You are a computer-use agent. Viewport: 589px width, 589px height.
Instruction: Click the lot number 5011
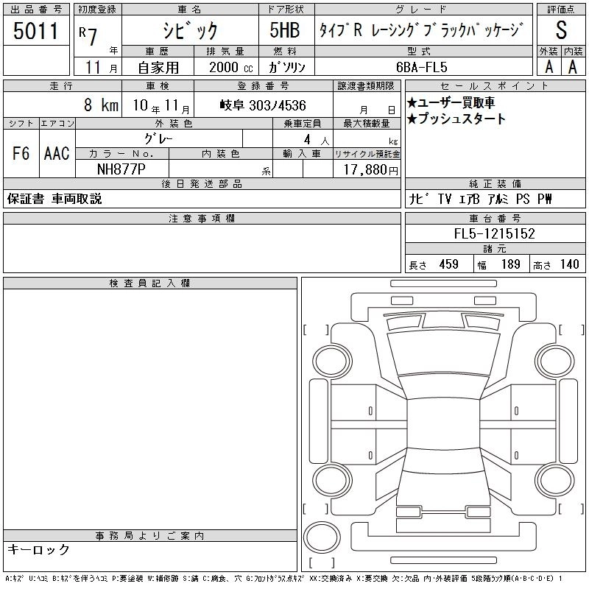point(35,31)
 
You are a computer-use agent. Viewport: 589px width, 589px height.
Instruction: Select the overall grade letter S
point(561,30)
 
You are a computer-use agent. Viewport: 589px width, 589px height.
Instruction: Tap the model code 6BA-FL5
point(421,67)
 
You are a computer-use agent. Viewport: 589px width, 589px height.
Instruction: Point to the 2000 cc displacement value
point(230,67)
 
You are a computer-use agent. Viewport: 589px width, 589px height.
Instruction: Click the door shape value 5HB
point(285,30)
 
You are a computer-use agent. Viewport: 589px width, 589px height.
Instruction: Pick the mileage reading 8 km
point(101,105)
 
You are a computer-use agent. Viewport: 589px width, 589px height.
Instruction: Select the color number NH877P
point(121,169)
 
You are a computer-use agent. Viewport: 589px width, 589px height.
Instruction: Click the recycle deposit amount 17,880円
point(370,170)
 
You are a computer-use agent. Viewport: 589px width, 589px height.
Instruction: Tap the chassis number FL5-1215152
point(494,233)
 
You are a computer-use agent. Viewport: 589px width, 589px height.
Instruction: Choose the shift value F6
point(21,154)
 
